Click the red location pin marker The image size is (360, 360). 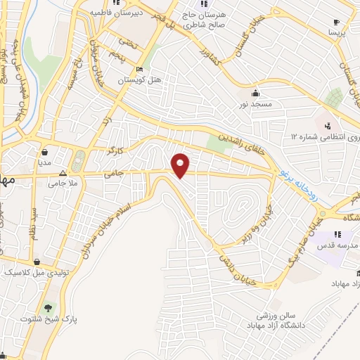pos(181,165)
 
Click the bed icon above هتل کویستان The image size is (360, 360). pos(139,69)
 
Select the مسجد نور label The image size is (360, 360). pos(257,103)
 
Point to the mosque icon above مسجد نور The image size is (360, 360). pos(257,92)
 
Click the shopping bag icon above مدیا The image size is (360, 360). pos(45,150)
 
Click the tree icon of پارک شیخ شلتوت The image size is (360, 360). pos(49,307)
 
